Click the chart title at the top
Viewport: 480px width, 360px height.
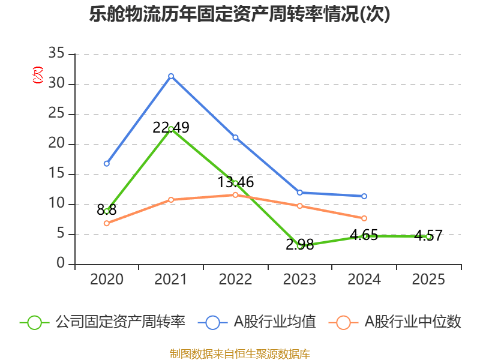tap(239, 14)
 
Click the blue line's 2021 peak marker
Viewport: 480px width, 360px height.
tap(171, 76)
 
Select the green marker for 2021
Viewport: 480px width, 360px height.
tap(171, 130)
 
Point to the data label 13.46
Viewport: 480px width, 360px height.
tap(235, 182)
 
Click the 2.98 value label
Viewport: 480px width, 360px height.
tap(299, 244)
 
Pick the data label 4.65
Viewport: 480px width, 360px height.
tap(364, 235)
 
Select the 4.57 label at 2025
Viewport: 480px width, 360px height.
tap(428, 235)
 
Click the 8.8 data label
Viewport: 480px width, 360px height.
tap(107, 210)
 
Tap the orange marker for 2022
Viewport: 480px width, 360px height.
tap(235, 195)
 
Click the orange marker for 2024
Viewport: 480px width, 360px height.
tap(364, 218)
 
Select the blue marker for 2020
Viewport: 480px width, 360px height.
tap(107, 163)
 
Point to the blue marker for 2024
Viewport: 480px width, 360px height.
tap(364, 196)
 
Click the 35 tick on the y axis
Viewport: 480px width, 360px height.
tap(56, 54)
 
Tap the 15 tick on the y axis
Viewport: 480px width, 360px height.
tap(56, 174)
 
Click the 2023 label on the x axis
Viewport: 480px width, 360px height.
tap(299, 280)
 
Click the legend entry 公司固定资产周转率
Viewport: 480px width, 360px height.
tap(102, 322)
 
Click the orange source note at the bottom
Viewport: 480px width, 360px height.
tap(239, 353)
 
